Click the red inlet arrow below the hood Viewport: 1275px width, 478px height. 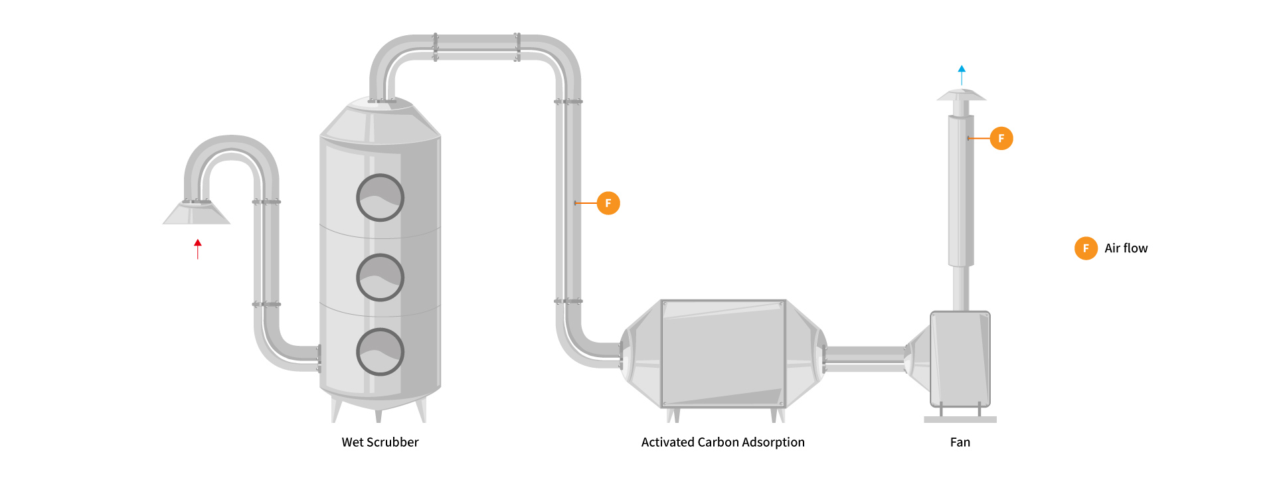pyautogui.click(x=198, y=248)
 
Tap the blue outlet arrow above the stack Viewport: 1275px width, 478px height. pyautogui.click(x=962, y=74)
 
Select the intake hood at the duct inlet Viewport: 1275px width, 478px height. pyautogui.click(x=197, y=213)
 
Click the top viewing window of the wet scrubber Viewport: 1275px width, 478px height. pyautogui.click(x=380, y=198)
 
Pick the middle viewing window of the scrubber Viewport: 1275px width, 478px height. pyautogui.click(x=380, y=278)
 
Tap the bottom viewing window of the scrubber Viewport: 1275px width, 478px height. pyautogui.click(x=380, y=352)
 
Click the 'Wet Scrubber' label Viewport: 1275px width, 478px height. pyautogui.click(x=380, y=442)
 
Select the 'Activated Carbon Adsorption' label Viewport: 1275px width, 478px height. pyautogui.click(x=722, y=442)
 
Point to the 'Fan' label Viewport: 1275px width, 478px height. pyautogui.click(x=960, y=442)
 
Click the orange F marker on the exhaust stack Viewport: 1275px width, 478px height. pyautogui.click(x=1001, y=138)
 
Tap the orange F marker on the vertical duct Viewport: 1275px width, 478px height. pyautogui.click(x=608, y=203)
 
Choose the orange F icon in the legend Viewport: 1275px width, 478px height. pyautogui.click(x=1086, y=248)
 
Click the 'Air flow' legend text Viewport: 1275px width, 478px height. pyautogui.click(x=1126, y=248)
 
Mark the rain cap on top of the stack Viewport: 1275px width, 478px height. pyautogui.click(x=961, y=96)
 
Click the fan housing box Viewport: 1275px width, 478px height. pyautogui.click(x=960, y=358)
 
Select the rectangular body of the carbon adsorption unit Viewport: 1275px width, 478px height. pyautogui.click(x=723, y=353)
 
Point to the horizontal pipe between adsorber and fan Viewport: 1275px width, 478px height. pyautogui.click(x=865, y=358)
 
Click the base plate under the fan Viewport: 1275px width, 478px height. pyautogui.click(x=960, y=420)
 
